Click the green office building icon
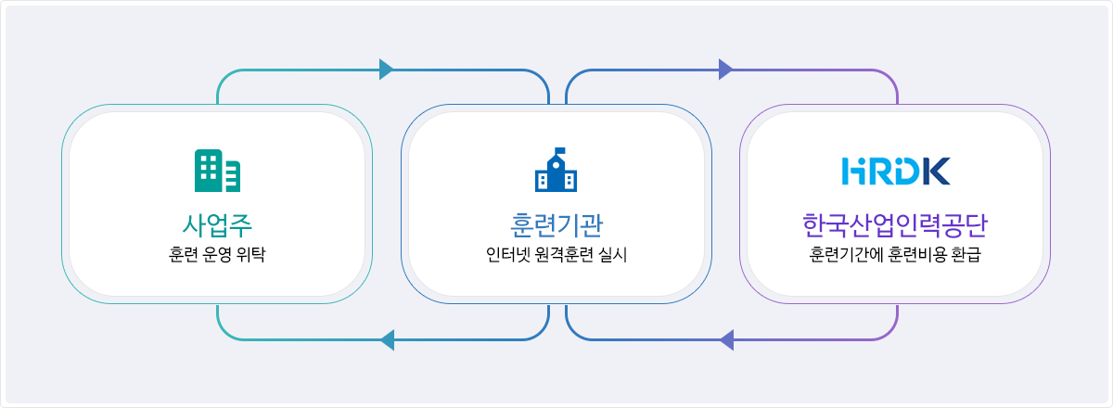[217, 171]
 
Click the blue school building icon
[556, 170]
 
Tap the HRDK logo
[895, 171]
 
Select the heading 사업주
[217, 225]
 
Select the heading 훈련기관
[556, 225]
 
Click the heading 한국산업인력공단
[895, 225]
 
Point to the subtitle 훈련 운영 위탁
[217, 254]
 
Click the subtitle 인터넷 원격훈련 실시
[556, 254]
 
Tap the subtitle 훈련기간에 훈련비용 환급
[895, 254]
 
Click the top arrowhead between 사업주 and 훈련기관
[386, 70]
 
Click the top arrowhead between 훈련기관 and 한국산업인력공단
[725, 70]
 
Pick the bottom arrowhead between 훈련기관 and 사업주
[387, 340]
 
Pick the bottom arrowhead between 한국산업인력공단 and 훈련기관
[726, 340]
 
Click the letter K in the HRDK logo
[937, 171]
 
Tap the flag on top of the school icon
[560, 150]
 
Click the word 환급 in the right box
[966, 254]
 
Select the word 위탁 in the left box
[251, 254]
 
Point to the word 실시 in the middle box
[613, 254]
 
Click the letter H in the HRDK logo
[853, 171]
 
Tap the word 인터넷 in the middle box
[508, 254]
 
